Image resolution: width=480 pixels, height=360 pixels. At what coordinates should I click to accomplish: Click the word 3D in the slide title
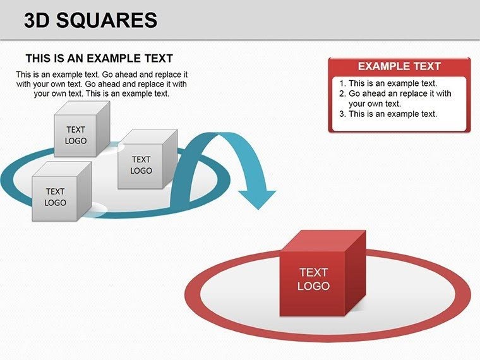(x=39, y=21)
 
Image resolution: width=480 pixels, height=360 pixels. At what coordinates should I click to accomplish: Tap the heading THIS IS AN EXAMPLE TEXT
(x=99, y=58)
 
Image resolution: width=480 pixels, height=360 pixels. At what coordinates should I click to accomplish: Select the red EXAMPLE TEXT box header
(x=399, y=66)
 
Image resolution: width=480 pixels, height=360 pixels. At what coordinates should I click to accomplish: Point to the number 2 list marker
(x=342, y=93)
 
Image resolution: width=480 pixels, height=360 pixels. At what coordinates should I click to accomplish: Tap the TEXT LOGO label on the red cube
(x=313, y=279)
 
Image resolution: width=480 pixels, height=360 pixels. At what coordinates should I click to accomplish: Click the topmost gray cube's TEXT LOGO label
(x=76, y=135)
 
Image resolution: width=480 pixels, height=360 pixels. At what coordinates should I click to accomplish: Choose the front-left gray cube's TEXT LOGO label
(x=55, y=196)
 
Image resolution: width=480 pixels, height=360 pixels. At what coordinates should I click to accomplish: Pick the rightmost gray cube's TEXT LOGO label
(x=141, y=165)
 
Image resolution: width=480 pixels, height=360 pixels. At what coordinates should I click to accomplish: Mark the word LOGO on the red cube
(x=313, y=286)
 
